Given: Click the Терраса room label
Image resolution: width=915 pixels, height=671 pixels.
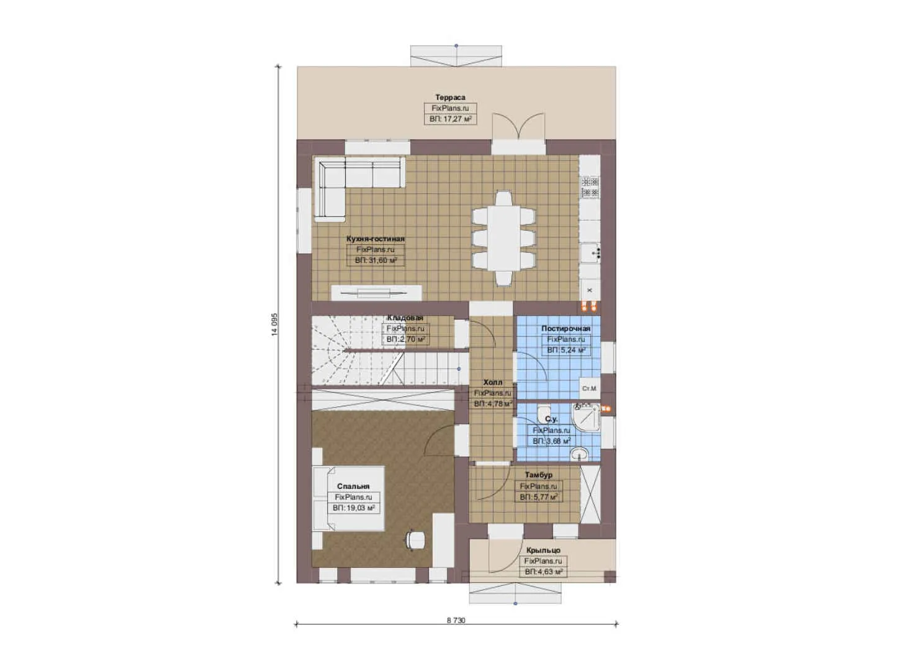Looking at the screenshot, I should tap(450, 98).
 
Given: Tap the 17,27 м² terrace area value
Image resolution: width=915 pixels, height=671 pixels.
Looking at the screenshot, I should tap(451, 119).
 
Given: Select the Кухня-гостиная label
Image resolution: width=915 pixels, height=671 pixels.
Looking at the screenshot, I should tap(376, 239).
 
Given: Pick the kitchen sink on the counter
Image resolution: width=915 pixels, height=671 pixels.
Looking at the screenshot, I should tap(590, 253).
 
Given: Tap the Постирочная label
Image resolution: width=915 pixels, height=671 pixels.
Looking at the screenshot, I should tap(566, 329).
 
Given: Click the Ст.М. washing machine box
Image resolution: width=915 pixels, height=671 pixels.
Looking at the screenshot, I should tap(589, 388).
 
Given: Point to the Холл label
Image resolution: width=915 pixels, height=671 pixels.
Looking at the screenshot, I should tap(493, 383).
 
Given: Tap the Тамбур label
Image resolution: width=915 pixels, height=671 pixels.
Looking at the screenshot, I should tap(539, 475).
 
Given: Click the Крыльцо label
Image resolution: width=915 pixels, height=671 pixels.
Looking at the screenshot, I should tap(543, 550).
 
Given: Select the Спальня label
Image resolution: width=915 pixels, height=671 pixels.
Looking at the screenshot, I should tap(353, 486).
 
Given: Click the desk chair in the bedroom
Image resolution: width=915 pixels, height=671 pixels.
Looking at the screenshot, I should tap(415, 540).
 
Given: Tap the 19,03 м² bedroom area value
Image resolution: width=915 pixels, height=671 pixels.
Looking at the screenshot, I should tap(354, 508).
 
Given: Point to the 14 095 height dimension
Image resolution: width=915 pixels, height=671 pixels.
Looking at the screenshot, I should tap(274, 324).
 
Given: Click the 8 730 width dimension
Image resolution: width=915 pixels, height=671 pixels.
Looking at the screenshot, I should tap(456, 620).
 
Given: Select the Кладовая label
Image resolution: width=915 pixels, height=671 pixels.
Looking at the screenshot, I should tap(405, 318).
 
